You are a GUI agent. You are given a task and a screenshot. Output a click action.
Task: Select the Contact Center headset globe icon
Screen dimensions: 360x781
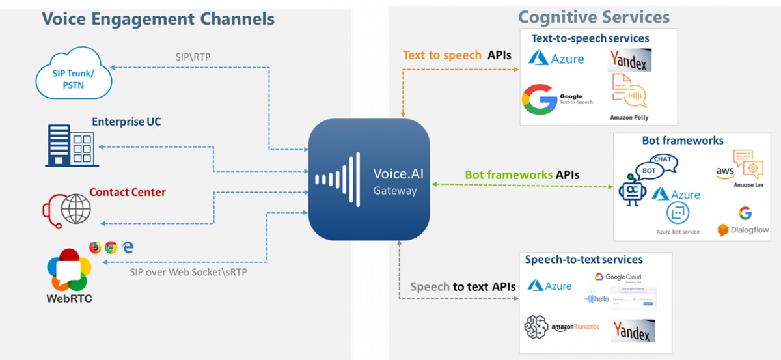68,208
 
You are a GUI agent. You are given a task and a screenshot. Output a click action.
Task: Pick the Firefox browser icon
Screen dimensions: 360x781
96,247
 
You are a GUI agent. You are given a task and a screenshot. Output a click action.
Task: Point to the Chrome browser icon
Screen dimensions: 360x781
111,247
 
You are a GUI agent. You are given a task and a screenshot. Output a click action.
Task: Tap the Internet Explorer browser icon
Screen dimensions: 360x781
128,247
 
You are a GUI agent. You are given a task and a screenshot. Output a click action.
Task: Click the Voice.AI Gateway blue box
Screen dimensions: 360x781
369,179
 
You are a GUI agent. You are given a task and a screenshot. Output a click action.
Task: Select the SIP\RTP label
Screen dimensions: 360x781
192,57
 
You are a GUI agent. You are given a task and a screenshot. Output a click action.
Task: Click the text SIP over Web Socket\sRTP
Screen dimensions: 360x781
188,271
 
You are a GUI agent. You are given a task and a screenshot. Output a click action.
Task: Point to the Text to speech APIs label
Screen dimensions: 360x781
457,55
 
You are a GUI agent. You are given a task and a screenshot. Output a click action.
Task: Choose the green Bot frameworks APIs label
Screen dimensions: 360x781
522,175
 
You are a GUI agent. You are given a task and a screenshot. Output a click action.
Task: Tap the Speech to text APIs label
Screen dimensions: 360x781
463,287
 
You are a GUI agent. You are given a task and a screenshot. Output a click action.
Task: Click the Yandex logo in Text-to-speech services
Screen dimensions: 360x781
629,61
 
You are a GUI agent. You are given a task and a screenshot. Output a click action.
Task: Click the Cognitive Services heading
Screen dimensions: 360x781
594,17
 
